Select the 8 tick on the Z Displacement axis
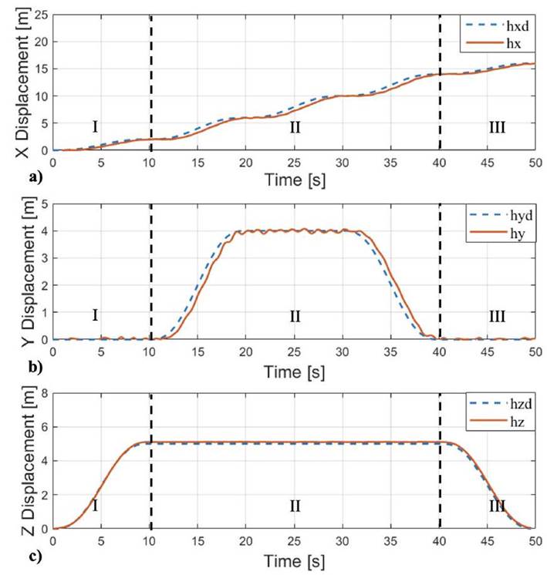[44, 393]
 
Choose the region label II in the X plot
[295, 127]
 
